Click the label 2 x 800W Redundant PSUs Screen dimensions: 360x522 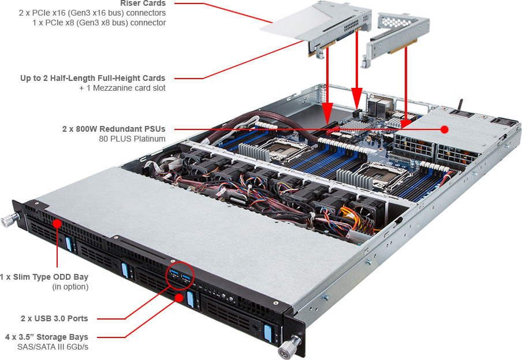(114, 128)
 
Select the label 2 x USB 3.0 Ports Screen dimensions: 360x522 (55, 318)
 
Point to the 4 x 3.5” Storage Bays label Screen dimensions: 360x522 (47, 336)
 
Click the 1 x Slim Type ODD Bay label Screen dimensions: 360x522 (44, 277)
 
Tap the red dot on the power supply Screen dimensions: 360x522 (445, 129)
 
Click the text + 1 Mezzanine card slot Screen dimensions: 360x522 (122, 88)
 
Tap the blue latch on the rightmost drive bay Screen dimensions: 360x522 (267, 334)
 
